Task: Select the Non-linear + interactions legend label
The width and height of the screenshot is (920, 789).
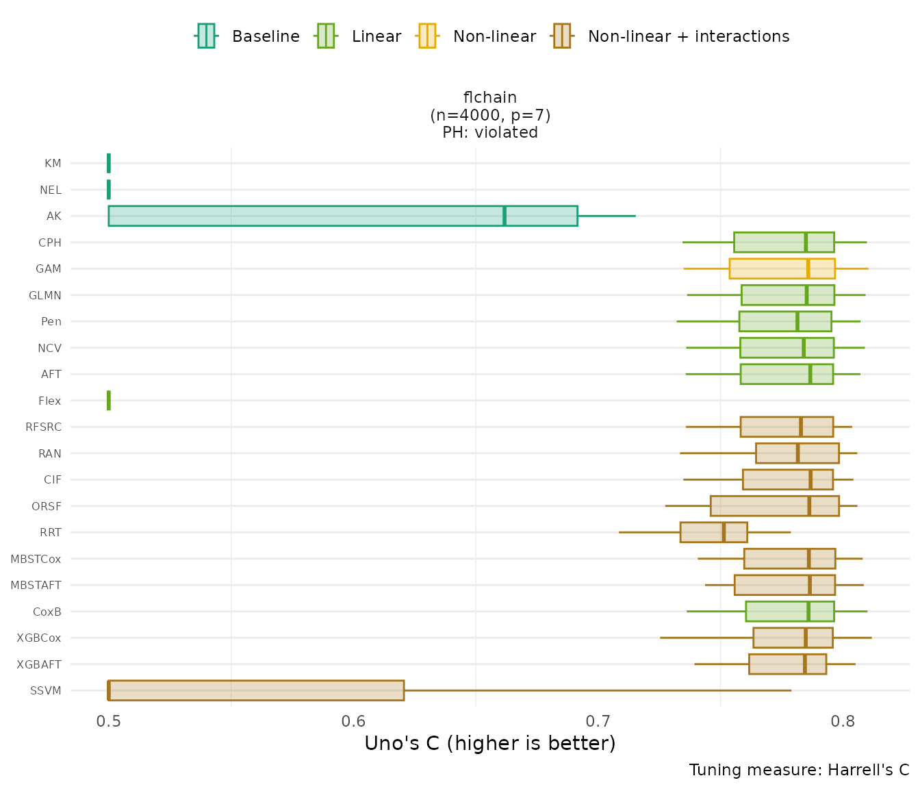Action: tap(689, 36)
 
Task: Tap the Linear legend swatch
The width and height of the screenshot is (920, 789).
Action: tap(325, 36)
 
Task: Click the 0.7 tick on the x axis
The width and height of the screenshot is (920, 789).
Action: tap(598, 722)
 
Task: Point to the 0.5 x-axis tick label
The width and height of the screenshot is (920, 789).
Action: tap(109, 722)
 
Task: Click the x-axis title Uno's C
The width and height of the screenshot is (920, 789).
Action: tap(490, 744)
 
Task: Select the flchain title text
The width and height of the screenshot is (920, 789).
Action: tap(490, 98)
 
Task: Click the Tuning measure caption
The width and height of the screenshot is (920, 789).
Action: tap(799, 771)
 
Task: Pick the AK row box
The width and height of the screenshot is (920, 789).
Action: tap(342, 216)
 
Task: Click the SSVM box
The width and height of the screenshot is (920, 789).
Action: tap(256, 690)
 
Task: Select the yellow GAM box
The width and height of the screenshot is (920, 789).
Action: tap(782, 268)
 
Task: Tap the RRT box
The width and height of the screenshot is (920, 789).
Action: tap(713, 532)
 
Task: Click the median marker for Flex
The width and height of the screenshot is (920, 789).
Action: tap(109, 401)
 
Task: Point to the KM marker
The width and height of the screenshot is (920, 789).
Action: tap(109, 164)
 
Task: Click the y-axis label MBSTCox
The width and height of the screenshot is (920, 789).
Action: tap(36, 560)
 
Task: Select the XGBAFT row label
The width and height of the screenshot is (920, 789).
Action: tap(39, 664)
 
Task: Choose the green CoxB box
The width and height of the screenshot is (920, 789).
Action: tap(789, 612)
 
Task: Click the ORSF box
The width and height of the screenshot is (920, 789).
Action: tap(774, 506)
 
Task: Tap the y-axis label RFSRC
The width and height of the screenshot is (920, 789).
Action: tap(43, 427)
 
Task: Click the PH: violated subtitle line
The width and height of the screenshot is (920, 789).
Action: tap(490, 133)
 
